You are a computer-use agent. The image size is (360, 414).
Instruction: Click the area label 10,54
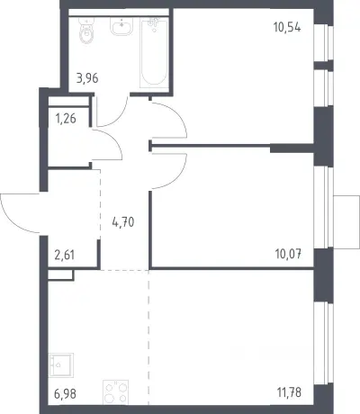point(287,28)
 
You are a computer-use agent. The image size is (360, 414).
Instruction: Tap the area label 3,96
point(87,78)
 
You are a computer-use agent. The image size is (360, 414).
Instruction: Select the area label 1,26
point(66,119)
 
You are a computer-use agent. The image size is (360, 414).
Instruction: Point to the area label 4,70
point(123,222)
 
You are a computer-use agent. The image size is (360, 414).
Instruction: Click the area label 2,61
point(64,256)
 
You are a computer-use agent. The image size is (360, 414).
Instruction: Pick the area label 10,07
point(288,255)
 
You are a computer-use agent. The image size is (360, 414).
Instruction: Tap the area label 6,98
point(65,393)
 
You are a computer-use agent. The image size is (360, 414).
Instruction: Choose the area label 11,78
point(289,392)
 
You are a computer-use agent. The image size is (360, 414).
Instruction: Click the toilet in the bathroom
point(86,31)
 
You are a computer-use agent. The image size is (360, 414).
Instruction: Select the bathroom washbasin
point(121,26)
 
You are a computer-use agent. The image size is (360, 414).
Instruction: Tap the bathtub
point(154,52)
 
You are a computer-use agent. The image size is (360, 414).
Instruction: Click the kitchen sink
point(61,364)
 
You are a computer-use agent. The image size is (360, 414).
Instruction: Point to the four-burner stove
point(116,392)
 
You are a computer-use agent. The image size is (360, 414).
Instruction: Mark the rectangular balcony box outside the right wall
point(346,222)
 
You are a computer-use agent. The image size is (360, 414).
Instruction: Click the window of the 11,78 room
point(323,343)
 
